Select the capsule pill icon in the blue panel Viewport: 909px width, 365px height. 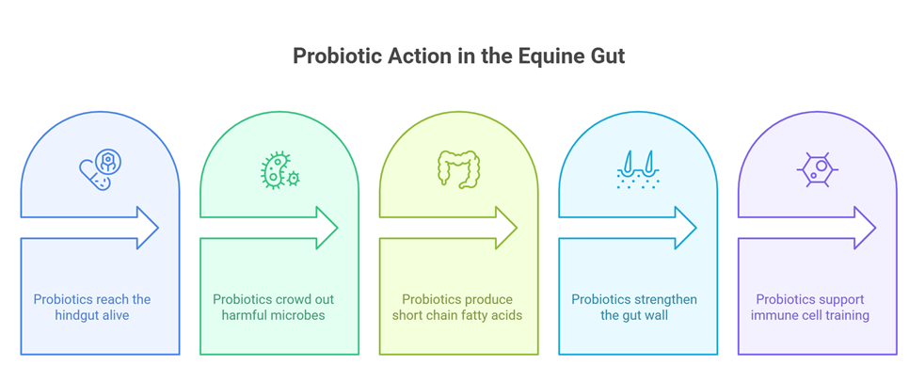point(100,169)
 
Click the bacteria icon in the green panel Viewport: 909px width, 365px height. point(279,169)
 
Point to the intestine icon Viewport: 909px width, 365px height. point(458,169)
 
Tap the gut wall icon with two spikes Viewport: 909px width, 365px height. point(638,169)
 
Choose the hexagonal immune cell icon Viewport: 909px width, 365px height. point(818,169)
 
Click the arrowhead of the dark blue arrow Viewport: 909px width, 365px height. point(147,228)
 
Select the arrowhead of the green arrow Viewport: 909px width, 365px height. point(327,228)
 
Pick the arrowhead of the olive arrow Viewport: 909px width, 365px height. point(506,228)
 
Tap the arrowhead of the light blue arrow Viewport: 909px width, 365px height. point(685,228)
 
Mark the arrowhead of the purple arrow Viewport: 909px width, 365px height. point(865,228)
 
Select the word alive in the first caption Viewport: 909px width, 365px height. point(116,316)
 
